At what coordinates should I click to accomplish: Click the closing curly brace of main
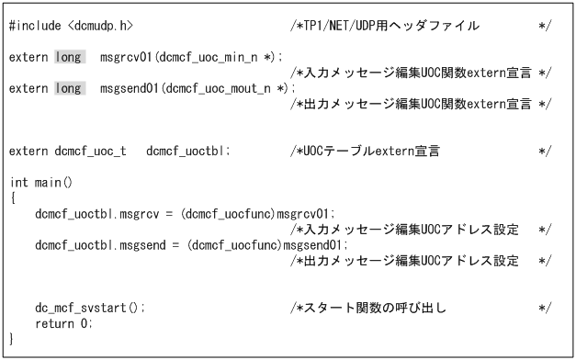click(13, 339)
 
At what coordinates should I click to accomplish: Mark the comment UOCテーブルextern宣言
click(377, 149)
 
